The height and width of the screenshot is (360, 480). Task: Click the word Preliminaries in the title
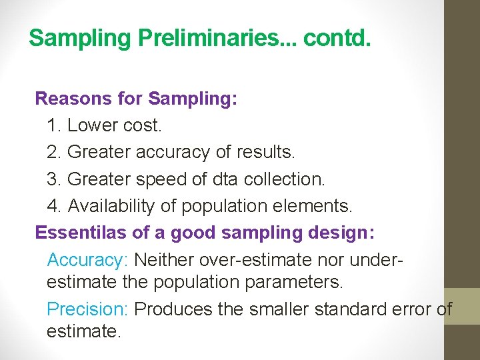[209, 38]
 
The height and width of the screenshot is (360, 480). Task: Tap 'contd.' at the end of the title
[336, 38]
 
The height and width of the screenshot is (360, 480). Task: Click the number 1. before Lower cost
[54, 125]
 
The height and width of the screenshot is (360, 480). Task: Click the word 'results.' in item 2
[265, 152]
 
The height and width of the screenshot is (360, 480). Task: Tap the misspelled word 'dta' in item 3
[227, 179]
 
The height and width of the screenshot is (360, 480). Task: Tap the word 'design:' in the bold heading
[346, 233]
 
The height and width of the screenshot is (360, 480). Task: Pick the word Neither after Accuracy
[167, 259]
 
